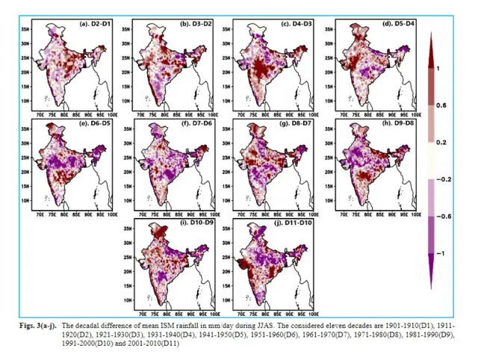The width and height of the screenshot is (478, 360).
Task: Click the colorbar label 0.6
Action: click(441, 106)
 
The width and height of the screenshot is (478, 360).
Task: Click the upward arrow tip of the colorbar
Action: click(431, 38)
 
